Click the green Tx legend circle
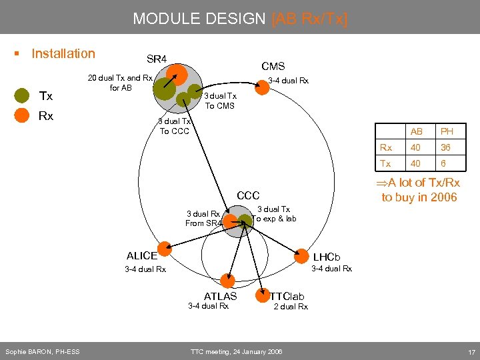[22, 96]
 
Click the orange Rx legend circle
[22, 116]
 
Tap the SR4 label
[157, 60]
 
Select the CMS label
[273, 66]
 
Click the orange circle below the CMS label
[263, 87]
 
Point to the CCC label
[248, 196]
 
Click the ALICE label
[141, 255]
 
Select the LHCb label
[327, 257]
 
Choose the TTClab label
[287, 296]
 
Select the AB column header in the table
[417, 131]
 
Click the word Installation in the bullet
[63, 53]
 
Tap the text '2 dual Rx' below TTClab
[291, 307]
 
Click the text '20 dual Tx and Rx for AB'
[121, 83]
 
